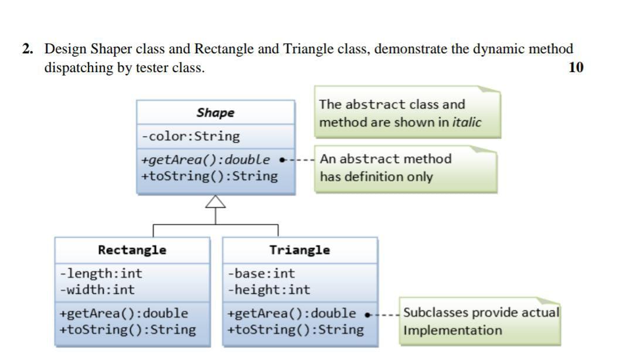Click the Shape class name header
tap(215, 113)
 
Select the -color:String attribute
tap(190, 137)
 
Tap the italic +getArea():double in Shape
tap(206, 159)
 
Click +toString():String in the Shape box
tap(209, 176)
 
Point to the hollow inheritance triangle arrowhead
tap(216, 202)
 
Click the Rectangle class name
tap(132, 250)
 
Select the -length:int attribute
tap(101, 273)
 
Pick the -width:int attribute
tap(97, 290)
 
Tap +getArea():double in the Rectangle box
tap(124, 313)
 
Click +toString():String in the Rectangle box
tap(127, 330)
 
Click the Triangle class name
tap(300, 250)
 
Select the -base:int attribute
tap(261, 273)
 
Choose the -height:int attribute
tap(269, 290)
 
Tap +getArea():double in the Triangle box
tap(291, 313)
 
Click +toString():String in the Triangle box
tap(295, 330)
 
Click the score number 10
tap(576, 67)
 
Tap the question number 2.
tap(26, 49)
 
